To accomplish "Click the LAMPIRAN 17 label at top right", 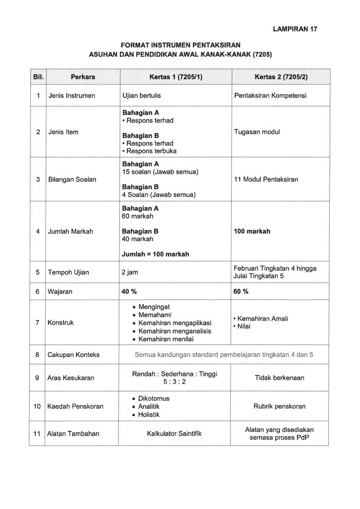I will [295, 29].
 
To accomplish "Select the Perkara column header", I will [83, 77].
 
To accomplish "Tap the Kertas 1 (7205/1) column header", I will [174, 77].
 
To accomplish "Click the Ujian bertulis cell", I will [142, 95].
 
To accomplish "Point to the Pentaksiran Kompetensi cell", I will [270, 95].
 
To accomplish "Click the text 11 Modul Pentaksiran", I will [266, 179].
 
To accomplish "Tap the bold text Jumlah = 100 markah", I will [155, 254].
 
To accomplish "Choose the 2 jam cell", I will [131, 272].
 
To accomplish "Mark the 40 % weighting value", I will [129, 291].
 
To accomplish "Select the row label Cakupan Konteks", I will [73, 354].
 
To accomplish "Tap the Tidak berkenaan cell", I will [279, 378].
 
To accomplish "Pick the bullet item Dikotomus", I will [154, 399].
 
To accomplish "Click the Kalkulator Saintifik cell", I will [175, 434].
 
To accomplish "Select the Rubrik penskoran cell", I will [279, 407].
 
